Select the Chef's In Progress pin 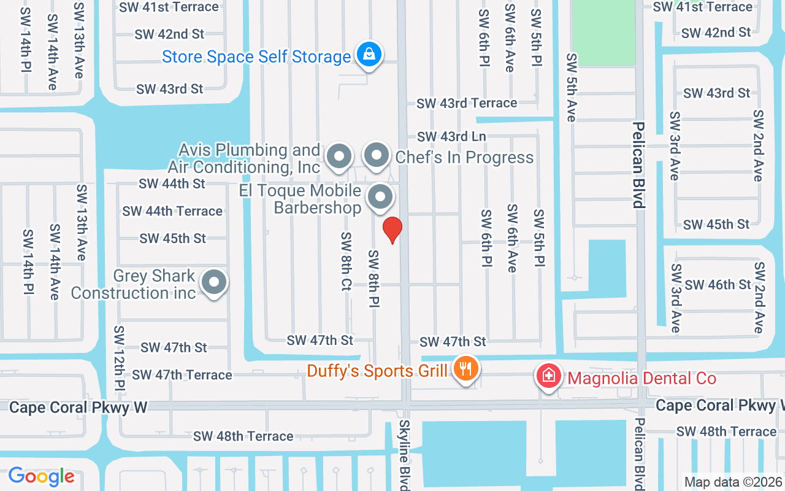click(377, 156)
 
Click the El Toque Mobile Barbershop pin click(380, 198)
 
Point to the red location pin click(392, 230)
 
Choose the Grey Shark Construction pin click(214, 283)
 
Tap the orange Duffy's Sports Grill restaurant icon click(466, 369)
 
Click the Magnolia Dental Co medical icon click(549, 377)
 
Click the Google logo click(41, 476)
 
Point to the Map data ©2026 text click(733, 482)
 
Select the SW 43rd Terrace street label click(467, 103)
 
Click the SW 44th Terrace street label click(172, 211)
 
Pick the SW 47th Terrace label click(182, 374)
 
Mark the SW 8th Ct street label click(347, 261)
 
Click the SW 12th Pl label click(119, 360)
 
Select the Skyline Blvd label click(405, 454)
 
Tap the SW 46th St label click(718, 285)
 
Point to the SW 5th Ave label click(572, 87)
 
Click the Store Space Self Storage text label click(256, 57)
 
